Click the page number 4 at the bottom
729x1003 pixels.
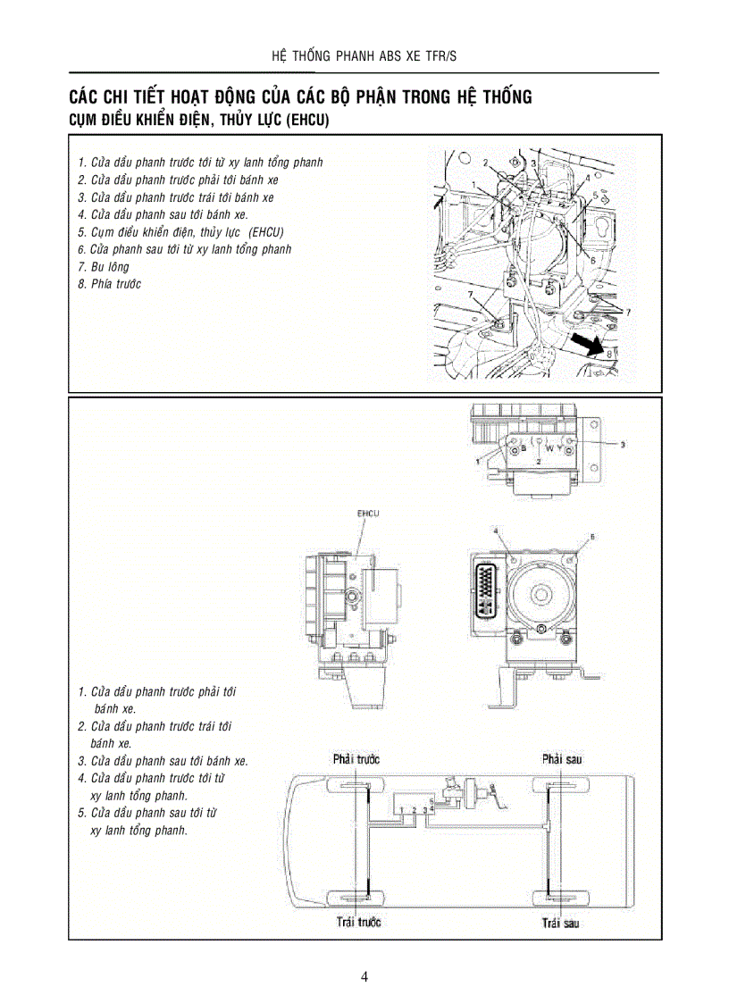(364, 976)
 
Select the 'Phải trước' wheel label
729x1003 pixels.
(356, 759)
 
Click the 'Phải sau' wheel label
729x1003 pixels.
(562, 759)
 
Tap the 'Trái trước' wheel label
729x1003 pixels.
(358, 922)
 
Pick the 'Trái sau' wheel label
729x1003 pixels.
(560, 922)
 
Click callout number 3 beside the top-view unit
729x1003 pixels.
(623, 443)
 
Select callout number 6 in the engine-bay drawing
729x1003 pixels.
(592, 259)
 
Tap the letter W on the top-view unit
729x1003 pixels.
(550, 446)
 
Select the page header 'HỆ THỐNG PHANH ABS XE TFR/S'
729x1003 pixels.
(364, 57)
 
